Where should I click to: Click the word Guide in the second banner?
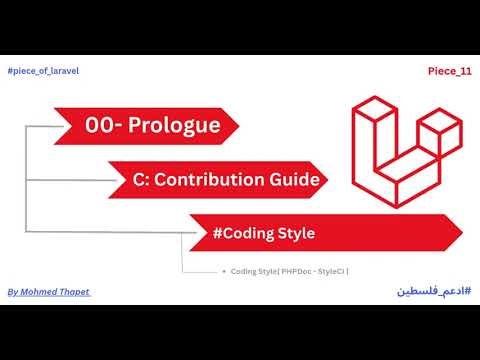tap(296, 180)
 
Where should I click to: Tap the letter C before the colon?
tap(139, 180)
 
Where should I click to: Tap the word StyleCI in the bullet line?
tap(335, 271)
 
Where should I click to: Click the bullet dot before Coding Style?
tap(221, 271)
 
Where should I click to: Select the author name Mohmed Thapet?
tap(54, 292)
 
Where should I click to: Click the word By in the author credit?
tap(12, 292)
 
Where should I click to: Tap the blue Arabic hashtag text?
tap(431, 291)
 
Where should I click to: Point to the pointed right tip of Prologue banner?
tap(239, 126)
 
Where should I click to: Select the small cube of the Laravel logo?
tap(437, 128)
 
